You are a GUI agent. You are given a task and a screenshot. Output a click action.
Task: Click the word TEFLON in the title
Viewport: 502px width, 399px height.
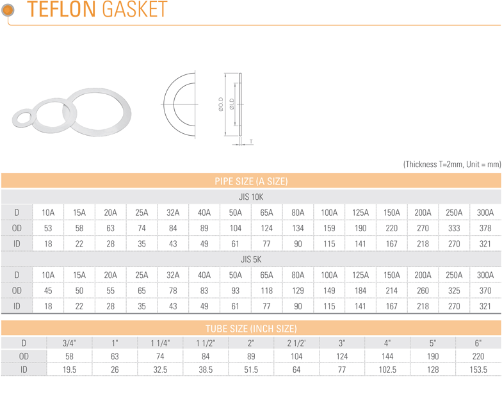click(61, 9)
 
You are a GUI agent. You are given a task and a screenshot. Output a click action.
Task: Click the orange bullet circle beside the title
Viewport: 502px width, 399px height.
click(8, 10)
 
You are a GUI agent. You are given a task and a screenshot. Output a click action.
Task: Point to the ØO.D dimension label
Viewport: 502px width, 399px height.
click(221, 104)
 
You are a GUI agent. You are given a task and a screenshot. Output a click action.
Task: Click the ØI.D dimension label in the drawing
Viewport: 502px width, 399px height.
click(232, 104)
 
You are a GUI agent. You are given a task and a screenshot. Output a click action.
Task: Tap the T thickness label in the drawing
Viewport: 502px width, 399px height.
click(251, 141)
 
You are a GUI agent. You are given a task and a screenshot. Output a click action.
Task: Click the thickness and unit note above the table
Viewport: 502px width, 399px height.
click(452, 164)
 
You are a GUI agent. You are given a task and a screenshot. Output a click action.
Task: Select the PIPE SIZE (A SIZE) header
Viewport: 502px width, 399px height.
click(251, 181)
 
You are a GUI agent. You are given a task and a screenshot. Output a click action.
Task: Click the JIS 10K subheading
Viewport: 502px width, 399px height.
click(251, 197)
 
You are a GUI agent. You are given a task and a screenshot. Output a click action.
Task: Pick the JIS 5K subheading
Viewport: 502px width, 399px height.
click(251, 259)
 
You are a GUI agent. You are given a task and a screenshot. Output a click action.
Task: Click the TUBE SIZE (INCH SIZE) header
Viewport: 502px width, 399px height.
click(251, 329)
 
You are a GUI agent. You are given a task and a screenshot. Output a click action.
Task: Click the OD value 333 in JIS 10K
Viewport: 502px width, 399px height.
click(454, 228)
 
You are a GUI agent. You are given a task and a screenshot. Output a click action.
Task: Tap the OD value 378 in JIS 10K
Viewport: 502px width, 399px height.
click(485, 228)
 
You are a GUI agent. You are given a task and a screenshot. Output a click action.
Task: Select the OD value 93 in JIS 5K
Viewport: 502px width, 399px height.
click(236, 291)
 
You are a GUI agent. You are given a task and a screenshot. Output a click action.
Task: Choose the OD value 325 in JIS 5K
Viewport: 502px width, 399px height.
click(454, 291)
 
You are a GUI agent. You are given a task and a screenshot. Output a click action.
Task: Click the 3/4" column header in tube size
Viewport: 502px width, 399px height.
click(69, 343)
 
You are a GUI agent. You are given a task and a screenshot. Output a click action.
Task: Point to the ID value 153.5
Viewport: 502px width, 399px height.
click(478, 370)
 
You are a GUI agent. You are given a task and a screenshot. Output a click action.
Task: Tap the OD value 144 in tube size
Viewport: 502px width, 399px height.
click(387, 356)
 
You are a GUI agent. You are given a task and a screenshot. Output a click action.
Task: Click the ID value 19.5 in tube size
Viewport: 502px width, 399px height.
click(69, 370)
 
